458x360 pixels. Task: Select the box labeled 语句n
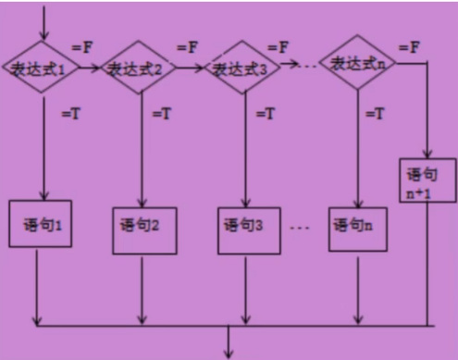[x=356, y=223]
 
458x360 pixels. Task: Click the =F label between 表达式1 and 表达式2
[x=80, y=44]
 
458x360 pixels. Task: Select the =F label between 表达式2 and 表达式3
[x=188, y=44]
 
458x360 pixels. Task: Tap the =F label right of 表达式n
[x=408, y=45]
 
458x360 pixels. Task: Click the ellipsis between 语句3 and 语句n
[x=301, y=225]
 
